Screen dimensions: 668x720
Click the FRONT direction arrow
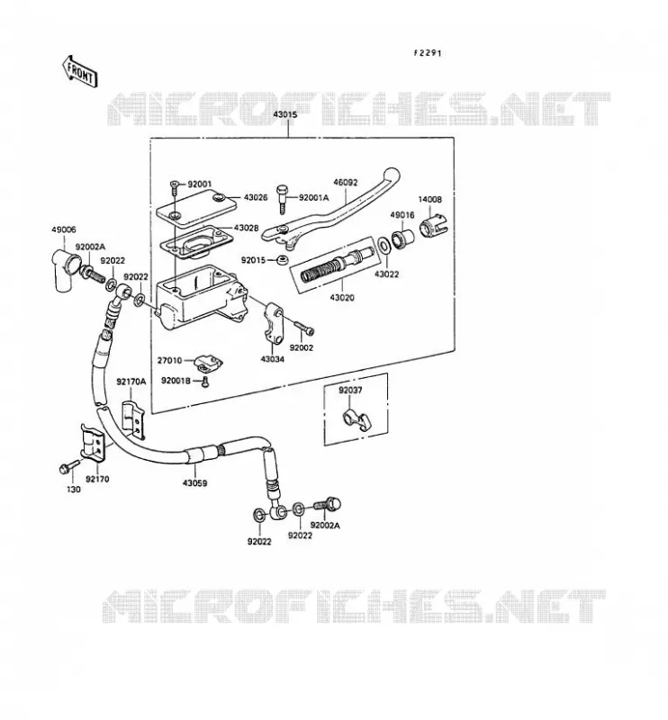78,72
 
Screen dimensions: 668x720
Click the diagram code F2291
427,53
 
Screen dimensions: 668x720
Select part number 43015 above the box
285,114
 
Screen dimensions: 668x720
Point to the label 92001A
314,198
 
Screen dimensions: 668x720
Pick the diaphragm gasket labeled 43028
194,243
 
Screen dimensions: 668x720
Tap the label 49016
402,215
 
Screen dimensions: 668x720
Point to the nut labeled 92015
283,260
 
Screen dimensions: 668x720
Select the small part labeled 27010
208,362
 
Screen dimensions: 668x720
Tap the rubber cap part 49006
63,269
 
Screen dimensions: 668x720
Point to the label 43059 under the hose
194,483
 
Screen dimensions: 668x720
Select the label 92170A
131,382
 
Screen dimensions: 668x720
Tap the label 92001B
176,381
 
